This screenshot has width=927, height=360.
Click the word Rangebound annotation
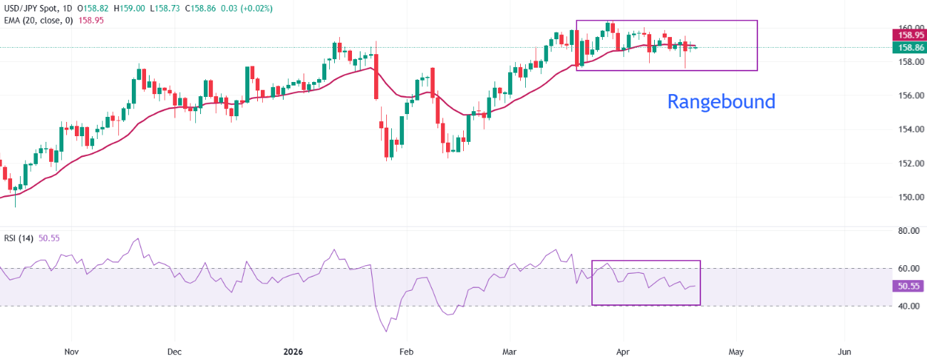[721, 102]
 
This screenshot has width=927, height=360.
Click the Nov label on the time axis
[71, 351]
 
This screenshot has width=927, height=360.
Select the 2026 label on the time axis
[293, 351]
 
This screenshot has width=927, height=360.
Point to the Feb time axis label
[406, 351]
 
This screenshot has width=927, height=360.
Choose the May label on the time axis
[736, 351]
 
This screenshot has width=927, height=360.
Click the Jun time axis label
[844, 351]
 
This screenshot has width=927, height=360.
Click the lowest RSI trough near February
[387, 331]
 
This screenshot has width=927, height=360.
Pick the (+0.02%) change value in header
[252, 8]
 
